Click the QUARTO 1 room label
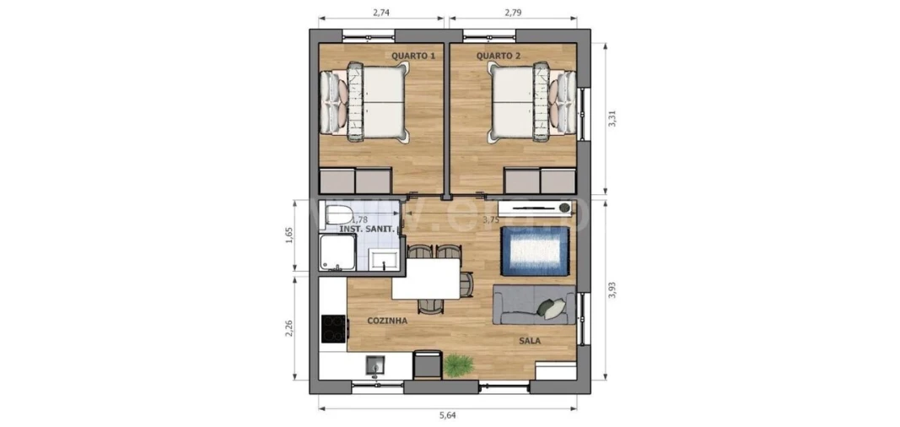point(413,56)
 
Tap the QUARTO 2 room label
point(499,56)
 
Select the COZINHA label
point(388,321)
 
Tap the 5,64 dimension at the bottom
point(449,414)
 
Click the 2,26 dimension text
point(288,327)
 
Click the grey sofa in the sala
point(533,306)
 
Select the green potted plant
point(458,365)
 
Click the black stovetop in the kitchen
point(334,327)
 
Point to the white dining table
point(426,278)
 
